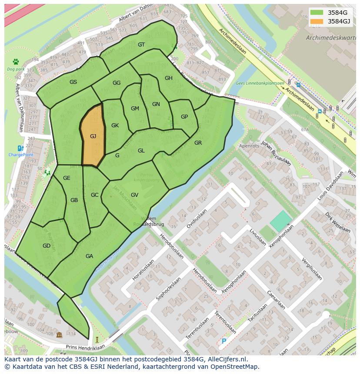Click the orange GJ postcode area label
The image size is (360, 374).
tap(93, 136)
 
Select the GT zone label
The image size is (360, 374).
tap(141, 45)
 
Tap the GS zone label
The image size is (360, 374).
tap(73, 82)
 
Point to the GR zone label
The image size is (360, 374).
tap(198, 143)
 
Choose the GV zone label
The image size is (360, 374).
tap(134, 195)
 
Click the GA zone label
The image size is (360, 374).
tap(89, 256)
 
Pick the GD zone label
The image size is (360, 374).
tap(47, 246)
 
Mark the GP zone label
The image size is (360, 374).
tap(184, 117)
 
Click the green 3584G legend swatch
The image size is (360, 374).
tap(317, 13)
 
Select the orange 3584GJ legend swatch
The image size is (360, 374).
tap(317, 21)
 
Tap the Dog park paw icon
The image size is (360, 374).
tap(16, 62)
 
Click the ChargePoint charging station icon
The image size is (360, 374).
tap(20, 149)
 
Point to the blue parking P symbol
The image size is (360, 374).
tap(224, 341)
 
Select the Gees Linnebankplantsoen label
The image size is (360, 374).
tap(260, 83)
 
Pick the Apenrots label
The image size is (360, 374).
tap(249, 146)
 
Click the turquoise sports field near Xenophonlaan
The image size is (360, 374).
tap(281, 221)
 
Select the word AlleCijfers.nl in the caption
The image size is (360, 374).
tap(226, 360)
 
